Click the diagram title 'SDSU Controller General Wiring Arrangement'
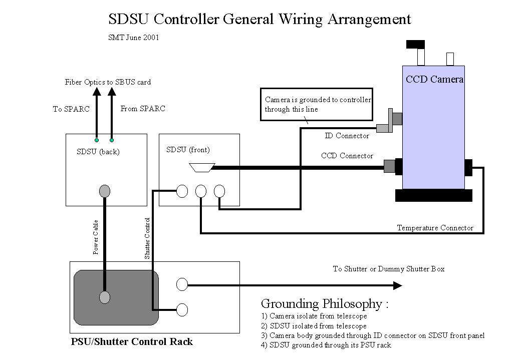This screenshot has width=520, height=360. coord(259,20)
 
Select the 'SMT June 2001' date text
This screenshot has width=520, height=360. coord(134,38)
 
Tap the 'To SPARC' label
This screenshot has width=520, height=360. coord(71,109)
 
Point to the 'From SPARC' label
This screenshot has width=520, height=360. coord(143,109)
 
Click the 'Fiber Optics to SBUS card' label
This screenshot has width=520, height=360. coord(108,82)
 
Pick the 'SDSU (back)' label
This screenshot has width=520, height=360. coord(98,152)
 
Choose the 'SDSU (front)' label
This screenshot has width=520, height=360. coord(188,150)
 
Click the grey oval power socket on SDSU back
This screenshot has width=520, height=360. coord(105,191)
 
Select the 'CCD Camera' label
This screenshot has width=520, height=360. coord(434,79)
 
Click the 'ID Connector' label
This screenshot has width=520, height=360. coord(347,136)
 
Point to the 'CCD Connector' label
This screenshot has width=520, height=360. coord(347,156)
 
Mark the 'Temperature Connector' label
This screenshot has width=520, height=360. coord(435,228)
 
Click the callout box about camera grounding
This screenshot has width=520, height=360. coord(317,105)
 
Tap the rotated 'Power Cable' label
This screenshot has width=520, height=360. coord(96,237)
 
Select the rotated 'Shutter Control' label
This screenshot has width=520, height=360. coord(147,238)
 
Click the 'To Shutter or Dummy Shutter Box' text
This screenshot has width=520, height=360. coord(388,269)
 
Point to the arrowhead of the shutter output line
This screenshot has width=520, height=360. coord(397,285)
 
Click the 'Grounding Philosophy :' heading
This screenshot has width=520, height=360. coord(325,303)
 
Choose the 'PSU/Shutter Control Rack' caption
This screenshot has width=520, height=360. coord(131,342)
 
